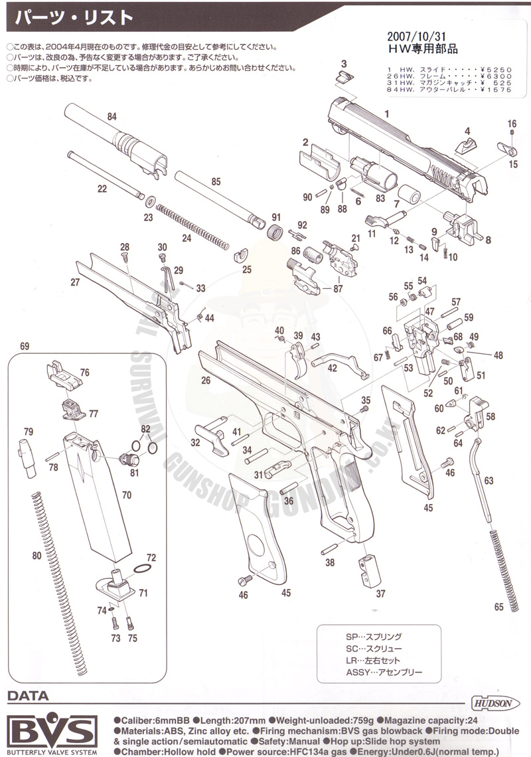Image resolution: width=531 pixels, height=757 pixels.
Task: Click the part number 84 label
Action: click(112, 117)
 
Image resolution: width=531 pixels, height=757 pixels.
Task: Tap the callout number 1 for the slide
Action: click(387, 114)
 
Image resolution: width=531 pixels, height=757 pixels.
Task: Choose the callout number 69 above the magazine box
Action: click(25, 346)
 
